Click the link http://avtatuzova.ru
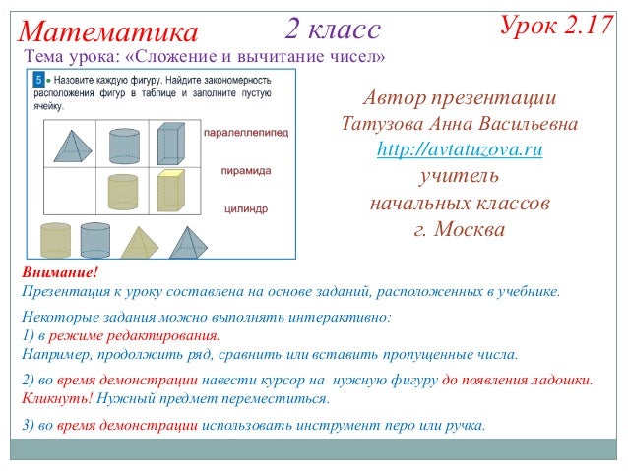click(x=460, y=150)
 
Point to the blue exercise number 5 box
click(x=39, y=78)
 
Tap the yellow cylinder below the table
click(x=55, y=240)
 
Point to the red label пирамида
click(x=245, y=170)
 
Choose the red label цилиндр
click(x=246, y=208)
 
